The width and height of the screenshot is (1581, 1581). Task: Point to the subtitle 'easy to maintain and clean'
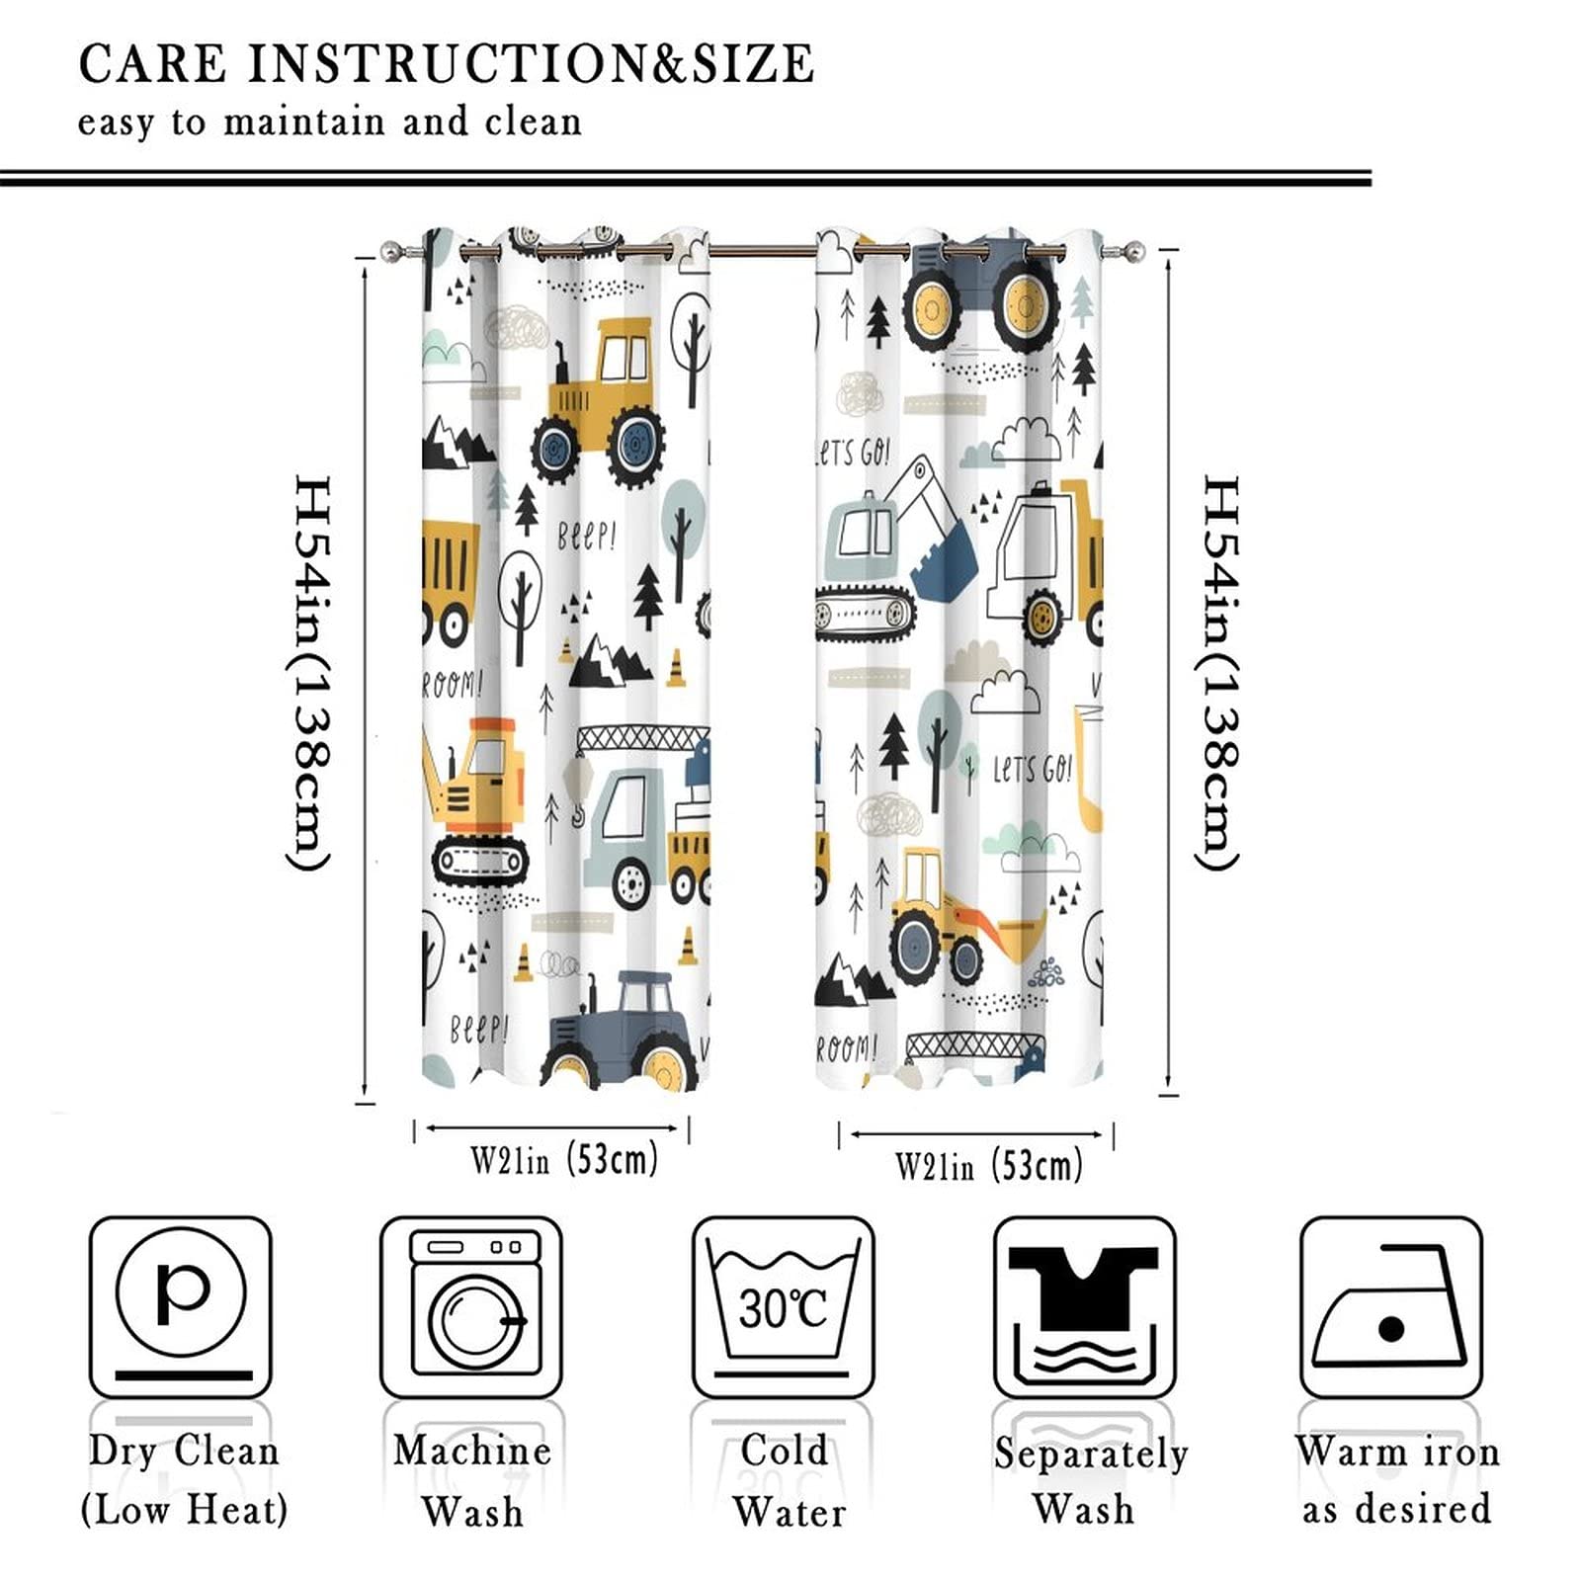pos(330,123)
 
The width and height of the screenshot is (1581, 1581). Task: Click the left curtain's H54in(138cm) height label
pos(310,672)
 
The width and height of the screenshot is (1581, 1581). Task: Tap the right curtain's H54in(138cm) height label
pos(1219,672)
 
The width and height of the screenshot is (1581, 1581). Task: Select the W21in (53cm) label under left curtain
pos(563,1159)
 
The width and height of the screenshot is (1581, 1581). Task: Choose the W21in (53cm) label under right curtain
pos(988,1166)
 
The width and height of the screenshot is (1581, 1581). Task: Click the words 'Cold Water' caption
pos(788,1480)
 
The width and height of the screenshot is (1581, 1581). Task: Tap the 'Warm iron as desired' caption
pos(1396,1480)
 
